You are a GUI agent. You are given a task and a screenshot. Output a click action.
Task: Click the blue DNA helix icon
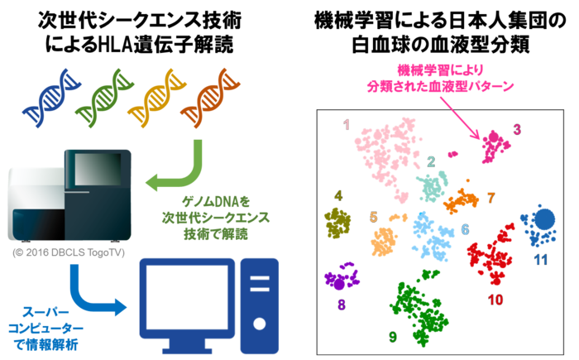click(46, 97)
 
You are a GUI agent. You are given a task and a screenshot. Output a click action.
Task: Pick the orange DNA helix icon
click(209, 94)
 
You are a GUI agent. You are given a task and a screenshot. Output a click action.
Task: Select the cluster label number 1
click(347, 125)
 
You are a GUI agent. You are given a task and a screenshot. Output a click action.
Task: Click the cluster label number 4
click(337, 196)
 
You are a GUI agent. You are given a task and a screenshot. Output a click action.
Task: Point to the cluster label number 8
click(342, 305)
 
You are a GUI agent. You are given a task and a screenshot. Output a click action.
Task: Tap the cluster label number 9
click(392, 337)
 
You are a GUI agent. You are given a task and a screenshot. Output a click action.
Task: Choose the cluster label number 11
click(541, 260)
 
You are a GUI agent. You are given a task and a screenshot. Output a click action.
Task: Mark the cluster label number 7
click(490, 198)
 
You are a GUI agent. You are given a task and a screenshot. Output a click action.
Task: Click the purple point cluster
click(339, 279)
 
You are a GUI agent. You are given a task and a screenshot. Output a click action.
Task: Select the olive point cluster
click(337, 223)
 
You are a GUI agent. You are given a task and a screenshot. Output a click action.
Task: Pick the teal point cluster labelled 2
click(432, 186)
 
